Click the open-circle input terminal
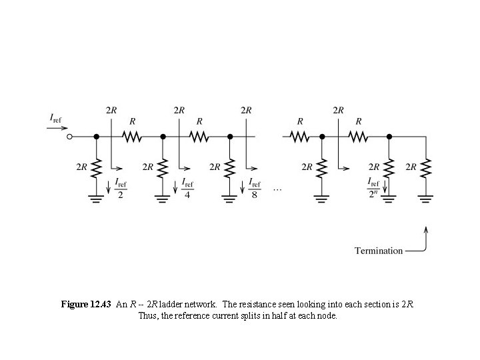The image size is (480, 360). click(69, 137)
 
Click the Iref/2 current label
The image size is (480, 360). click(121, 188)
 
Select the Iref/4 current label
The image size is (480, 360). click(188, 188)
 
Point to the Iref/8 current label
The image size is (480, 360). click(255, 188)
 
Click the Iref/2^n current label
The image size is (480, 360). click(375, 188)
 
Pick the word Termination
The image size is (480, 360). click(379, 251)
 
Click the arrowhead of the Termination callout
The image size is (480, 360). click(425, 229)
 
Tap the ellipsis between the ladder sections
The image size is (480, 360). click(278, 190)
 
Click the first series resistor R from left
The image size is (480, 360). click(131, 137)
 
